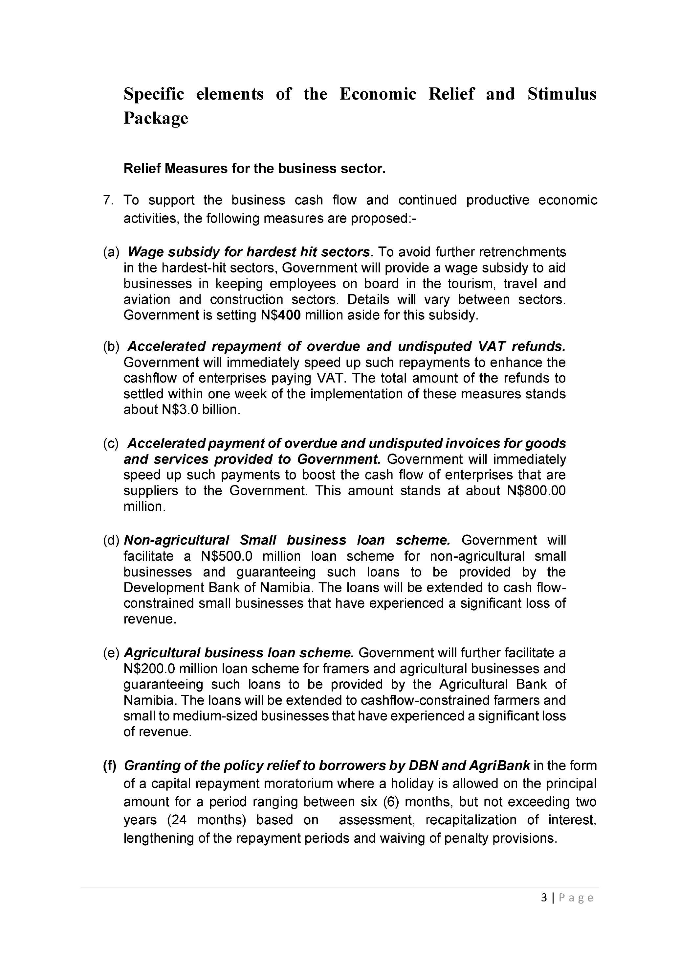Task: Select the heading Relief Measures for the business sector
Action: click(254, 168)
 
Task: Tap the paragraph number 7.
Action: click(108, 200)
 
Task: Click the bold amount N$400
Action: click(280, 315)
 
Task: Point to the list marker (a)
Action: click(111, 252)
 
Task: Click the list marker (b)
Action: click(111, 346)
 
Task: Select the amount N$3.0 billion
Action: click(200, 410)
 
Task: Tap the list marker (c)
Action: click(111, 443)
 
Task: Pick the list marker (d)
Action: click(112, 540)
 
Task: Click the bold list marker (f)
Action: click(110, 765)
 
